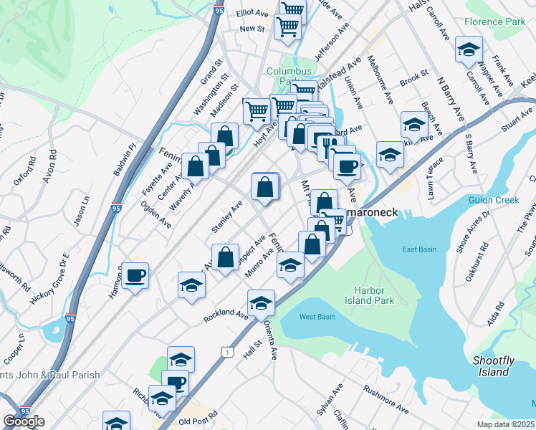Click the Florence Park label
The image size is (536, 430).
[x=494, y=22]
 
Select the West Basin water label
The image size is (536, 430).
[x=317, y=317]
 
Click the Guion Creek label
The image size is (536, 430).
[x=493, y=200]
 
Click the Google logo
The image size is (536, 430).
[x=24, y=421]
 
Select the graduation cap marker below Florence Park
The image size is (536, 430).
[x=469, y=49]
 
